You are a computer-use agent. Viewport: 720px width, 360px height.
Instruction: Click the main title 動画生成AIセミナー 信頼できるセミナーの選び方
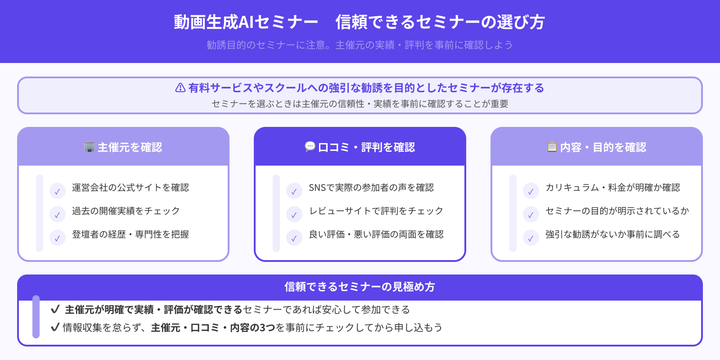tap(359, 22)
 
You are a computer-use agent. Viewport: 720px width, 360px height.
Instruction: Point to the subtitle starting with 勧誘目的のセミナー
tap(359, 45)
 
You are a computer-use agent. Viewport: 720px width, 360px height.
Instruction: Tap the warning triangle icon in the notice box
tap(180, 88)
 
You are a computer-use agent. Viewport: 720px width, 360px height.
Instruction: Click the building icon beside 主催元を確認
tap(90, 147)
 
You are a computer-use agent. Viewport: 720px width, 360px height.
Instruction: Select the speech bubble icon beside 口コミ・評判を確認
tap(310, 147)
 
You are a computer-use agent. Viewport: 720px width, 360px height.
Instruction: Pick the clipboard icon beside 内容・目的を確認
tap(552, 147)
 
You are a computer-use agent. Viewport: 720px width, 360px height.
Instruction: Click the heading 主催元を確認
tap(130, 148)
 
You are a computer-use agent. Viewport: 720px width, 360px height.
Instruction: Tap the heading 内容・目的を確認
tap(603, 148)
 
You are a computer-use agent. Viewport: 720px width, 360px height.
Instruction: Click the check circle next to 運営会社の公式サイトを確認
tap(58, 191)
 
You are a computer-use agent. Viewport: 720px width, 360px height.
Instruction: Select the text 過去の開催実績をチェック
tap(126, 211)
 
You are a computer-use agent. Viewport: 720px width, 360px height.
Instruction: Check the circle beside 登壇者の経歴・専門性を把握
tap(58, 238)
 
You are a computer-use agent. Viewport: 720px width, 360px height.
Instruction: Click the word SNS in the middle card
tap(317, 188)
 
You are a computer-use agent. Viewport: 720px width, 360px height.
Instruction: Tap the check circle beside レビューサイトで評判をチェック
tap(294, 215)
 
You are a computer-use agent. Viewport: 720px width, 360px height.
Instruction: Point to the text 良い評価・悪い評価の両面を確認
tap(376, 234)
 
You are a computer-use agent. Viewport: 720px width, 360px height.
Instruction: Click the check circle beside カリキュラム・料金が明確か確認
tap(531, 191)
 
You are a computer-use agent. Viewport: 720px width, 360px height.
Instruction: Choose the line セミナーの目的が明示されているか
tap(617, 211)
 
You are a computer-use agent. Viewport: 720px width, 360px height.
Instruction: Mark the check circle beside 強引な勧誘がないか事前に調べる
tap(531, 238)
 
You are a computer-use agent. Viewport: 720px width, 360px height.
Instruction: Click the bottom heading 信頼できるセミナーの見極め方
tap(360, 287)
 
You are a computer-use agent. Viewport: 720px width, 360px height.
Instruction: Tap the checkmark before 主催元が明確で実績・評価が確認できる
tap(55, 309)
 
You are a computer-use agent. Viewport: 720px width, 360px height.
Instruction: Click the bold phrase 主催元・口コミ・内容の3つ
tap(213, 328)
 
